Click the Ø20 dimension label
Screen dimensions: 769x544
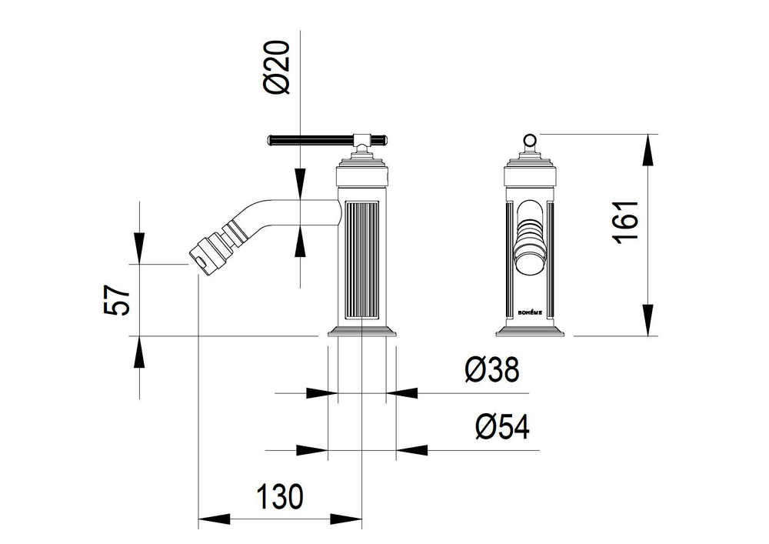[x=277, y=67]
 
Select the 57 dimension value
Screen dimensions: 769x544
[x=117, y=300]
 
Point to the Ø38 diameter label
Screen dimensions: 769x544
[x=491, y=369]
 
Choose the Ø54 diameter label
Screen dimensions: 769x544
[x=503, y=426]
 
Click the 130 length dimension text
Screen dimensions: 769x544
[x=281, y=496]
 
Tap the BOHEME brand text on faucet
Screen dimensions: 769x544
[x=530, y=312]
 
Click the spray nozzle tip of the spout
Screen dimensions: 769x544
[x=202, y=254]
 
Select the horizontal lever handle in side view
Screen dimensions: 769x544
[x=328, y=140]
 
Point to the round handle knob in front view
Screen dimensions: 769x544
[x=530, y=141]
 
